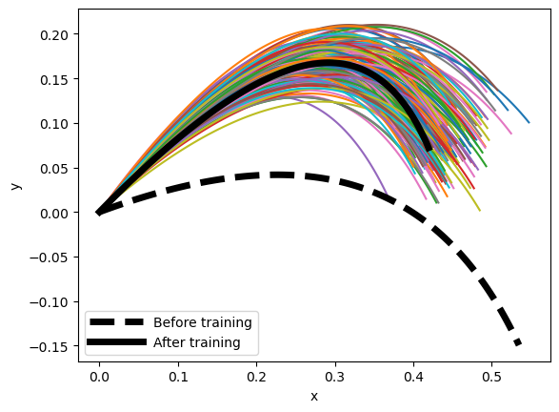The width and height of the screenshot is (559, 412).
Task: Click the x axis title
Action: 313,396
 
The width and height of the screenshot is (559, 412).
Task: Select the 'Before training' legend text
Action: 203,322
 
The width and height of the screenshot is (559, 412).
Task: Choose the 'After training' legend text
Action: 197,341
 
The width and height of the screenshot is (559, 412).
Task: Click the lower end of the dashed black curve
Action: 519,342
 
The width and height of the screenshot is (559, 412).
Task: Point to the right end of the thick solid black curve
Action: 429,148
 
